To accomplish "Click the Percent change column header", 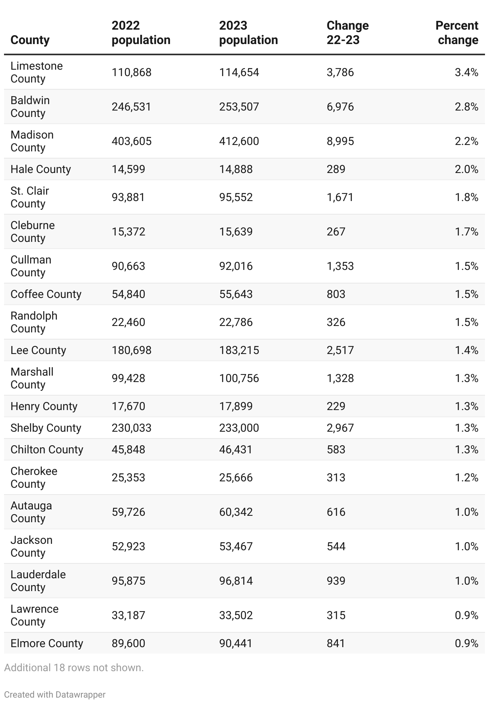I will tap(457, 33).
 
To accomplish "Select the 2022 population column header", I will tap(141, 33).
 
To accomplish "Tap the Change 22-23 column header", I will tap(348, 33).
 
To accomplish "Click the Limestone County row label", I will tap(36, 72).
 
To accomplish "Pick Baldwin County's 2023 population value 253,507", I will tap(239, 107).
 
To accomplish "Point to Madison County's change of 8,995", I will tap(340, 141).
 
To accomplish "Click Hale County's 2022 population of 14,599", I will tap(128, 169).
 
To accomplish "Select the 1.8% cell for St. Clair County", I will tap(466, 197).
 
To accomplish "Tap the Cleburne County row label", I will tap(32, 231).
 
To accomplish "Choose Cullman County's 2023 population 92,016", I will tap(236, 266).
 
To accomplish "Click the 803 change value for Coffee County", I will tap(335, 294).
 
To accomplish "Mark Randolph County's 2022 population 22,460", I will tap(128, 322).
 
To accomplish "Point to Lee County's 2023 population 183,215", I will tap(239, 350).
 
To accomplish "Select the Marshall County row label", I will tap(32, 378).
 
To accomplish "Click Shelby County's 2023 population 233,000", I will tap(239, 428).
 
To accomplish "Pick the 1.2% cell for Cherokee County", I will tap(466, 478).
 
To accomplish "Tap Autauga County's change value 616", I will tap(335, 512).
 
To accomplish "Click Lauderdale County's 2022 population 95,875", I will tap(128, 581).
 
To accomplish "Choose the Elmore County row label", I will tap(46, 644).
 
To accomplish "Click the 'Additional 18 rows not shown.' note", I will tap(74, 668).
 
